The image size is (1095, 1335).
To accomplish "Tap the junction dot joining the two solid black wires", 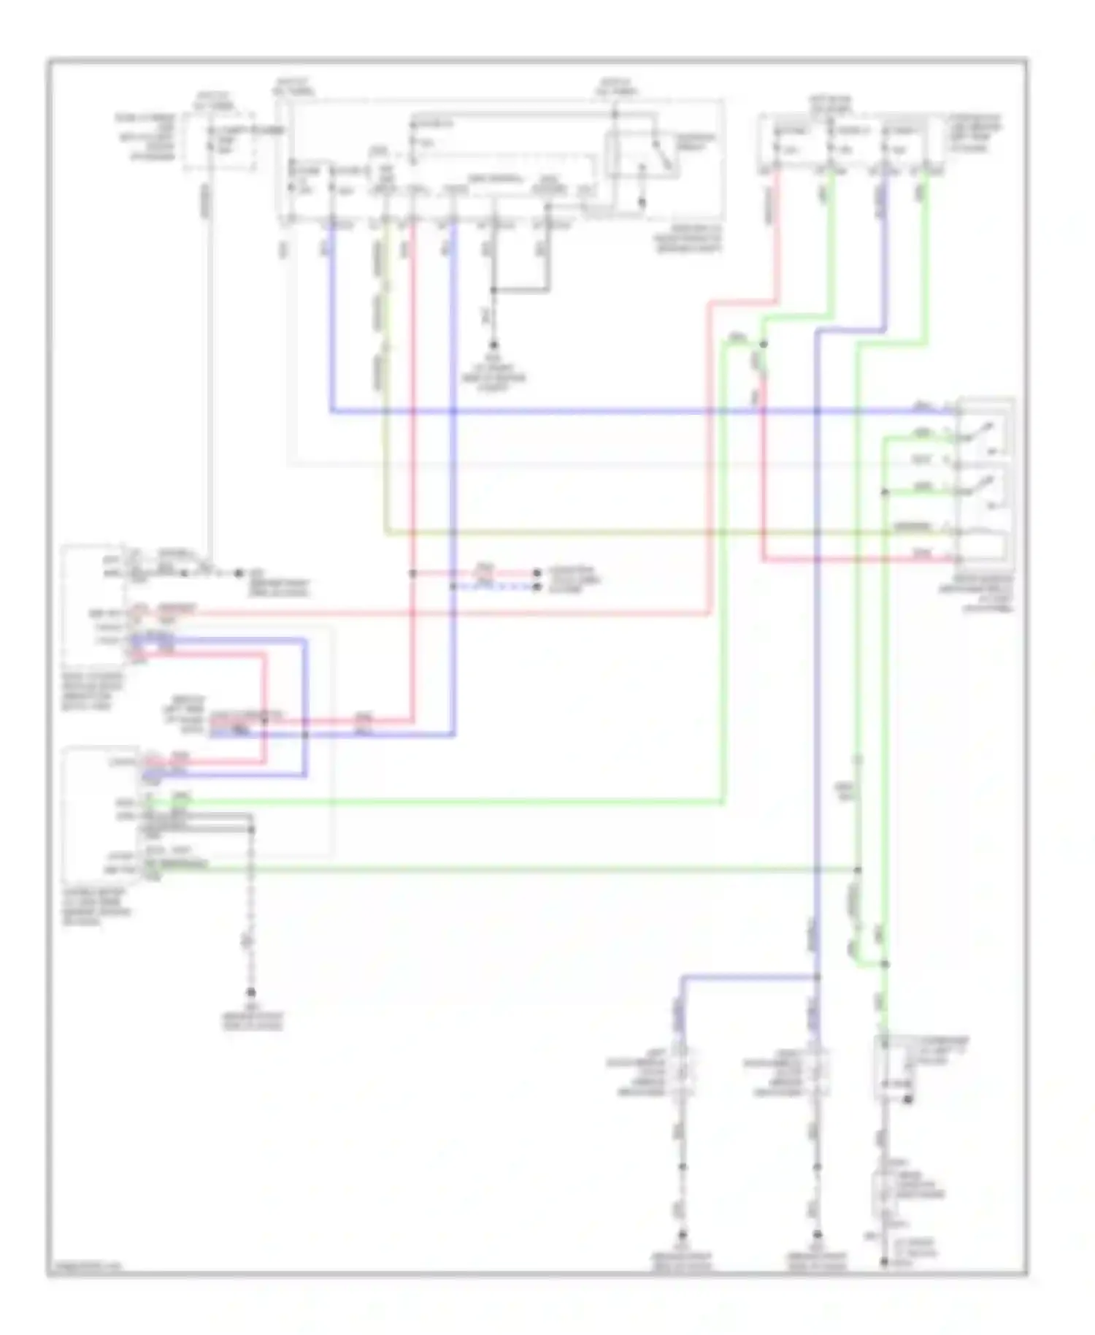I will click(x=493, y=290).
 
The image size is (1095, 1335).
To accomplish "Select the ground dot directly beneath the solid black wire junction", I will click(x=493, y=344).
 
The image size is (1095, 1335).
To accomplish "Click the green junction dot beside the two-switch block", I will click(x=885, y=492).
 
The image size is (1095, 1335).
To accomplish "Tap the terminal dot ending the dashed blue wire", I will click(x=537, y=586).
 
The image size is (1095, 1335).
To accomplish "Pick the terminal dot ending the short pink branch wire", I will click(x=537, y=573).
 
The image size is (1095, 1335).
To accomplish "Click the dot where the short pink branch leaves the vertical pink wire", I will click(x=412, y=573).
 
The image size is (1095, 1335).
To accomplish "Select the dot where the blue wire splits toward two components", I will click(x=817, y=976).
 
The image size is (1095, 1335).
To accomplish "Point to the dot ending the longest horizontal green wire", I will click(x=858, y=870).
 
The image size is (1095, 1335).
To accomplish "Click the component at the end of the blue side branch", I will click(x=683, y=1073).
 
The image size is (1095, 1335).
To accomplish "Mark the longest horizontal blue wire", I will click(x=642, y=412).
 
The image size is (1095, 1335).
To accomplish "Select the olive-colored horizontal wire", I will click(x=657, y=532).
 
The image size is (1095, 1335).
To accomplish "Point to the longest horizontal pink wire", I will click(x=438, y=613).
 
